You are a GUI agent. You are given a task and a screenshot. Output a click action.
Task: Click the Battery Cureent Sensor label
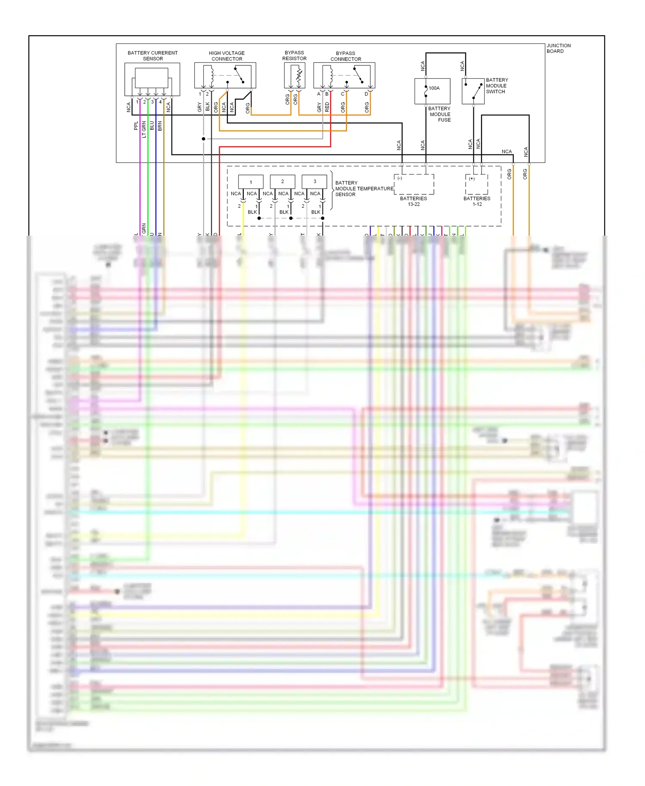(153, 56)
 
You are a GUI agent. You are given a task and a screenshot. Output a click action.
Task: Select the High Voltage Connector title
(227, 56)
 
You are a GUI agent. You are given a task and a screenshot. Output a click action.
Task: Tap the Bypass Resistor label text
(294, 55)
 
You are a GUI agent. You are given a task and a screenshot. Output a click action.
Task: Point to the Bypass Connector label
(346, 56)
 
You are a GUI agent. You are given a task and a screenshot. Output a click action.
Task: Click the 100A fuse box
(432, 91)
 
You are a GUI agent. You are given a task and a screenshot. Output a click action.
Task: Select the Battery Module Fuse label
(439, 114)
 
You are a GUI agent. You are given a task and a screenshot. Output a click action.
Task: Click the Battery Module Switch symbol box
(473, 91)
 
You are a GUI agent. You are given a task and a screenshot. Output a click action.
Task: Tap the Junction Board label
(559, 48)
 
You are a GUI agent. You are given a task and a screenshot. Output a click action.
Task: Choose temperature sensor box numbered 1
(251, 181)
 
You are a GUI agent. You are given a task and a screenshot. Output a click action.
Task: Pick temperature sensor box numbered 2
(283, 181)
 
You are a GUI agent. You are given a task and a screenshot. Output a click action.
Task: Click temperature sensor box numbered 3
(314, 181)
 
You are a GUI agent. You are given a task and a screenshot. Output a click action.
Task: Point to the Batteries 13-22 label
(413, 201)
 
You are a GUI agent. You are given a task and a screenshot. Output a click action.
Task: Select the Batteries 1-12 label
(477, 201)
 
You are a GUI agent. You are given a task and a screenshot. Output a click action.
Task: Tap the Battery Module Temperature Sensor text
(364, 189)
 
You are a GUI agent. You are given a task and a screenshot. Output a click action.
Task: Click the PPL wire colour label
(136, 126)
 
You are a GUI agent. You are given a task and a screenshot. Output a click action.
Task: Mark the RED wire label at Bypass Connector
(327, 107)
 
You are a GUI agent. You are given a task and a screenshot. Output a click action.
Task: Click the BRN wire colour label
(160, 126)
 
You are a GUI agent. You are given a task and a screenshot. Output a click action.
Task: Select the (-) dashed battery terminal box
(414, 184)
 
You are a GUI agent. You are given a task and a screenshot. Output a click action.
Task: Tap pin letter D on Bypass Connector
(366, 94)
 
